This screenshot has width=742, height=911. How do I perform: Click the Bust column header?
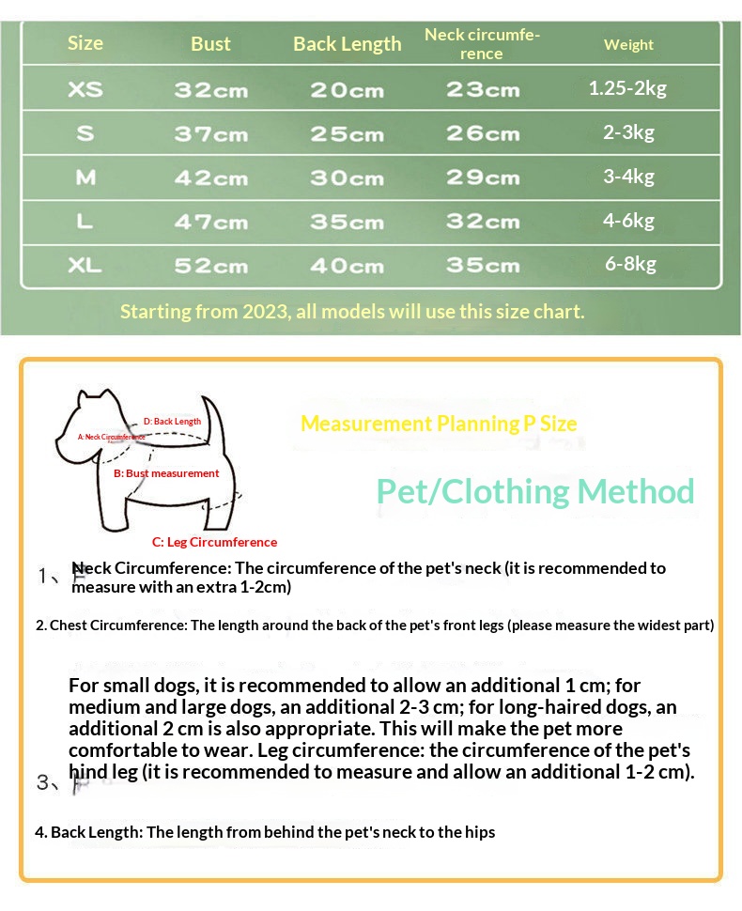[210, 44]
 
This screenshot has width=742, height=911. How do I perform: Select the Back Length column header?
[347, 44]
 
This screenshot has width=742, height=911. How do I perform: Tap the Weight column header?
[628, 44]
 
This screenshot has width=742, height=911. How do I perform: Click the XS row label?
[85, 90]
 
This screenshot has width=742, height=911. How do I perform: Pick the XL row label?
[85, 266]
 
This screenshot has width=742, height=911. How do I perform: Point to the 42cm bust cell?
[210, 178]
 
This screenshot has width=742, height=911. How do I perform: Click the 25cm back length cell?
[347, 134]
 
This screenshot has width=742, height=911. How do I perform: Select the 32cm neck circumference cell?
[483, 222]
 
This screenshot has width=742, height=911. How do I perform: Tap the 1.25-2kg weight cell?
[627, 89]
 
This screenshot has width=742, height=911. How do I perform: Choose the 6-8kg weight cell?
[628, 264]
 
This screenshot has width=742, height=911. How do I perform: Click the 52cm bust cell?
[210, 266]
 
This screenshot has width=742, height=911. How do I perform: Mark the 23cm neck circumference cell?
[483, 90]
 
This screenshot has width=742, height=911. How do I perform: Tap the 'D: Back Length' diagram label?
[172, 422]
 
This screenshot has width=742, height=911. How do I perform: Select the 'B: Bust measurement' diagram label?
[166, 473]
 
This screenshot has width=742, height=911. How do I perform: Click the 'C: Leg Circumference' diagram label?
[214, 542]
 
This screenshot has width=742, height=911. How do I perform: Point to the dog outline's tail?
[214, 413]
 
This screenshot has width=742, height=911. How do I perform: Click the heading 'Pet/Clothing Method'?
[535, 491]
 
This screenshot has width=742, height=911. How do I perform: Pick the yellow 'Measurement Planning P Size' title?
[439, 424]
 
